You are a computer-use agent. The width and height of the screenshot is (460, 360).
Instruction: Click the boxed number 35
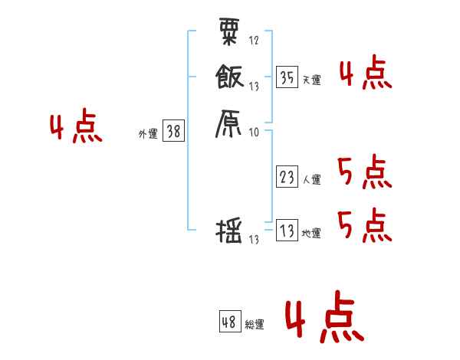coord(287,77)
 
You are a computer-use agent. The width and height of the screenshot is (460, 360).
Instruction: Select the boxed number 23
coord(287,178)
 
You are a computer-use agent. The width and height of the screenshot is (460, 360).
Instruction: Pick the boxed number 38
coord(173,132)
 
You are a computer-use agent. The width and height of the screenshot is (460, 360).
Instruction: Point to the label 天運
coord(312,80)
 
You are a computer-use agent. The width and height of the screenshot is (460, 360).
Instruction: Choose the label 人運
coord(312,180)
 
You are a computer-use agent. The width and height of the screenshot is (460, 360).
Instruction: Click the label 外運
coord(148,134)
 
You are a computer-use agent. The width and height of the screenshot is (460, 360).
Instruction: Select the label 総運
coord(255,324)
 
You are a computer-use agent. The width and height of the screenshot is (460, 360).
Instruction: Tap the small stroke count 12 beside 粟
coord(255,40)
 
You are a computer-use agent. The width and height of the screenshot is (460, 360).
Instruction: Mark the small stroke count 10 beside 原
coord(255,132)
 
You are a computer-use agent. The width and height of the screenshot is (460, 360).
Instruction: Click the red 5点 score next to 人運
coord(364,172)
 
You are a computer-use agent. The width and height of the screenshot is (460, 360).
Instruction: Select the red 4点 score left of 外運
coord(76,128)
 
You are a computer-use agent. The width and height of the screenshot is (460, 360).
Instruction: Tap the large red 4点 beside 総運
coord(324,320)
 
